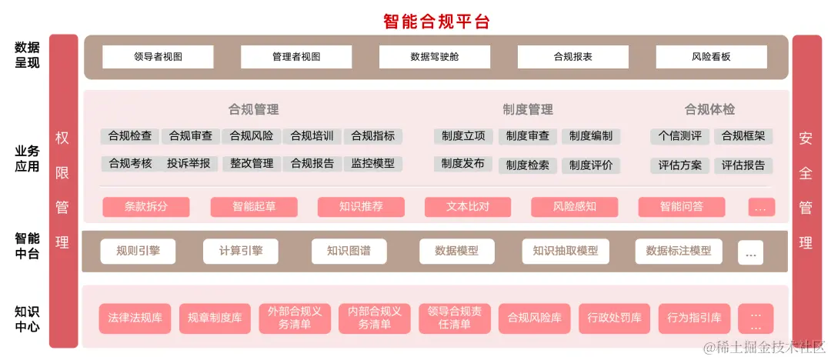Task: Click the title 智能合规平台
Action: coord(436,21)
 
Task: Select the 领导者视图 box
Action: coord(158,57)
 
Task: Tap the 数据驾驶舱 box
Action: coord(435,57)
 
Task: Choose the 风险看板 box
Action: coord(711,57)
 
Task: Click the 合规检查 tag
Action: coord(130,136)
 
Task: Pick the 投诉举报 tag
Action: coord(189,163)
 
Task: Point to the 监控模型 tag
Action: coord(372,163)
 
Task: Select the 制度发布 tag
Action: coord(463,163)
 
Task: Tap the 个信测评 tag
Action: coord(680,136)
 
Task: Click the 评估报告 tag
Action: coord(743,165)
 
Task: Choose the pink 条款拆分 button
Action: coord(146,206)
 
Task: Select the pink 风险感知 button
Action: coord(575,206)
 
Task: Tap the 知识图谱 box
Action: coord(349,251)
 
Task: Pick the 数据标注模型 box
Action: coord(679,251)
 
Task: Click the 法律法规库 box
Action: coord(135,318)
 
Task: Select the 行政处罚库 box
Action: coord(614,318)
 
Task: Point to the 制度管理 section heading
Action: coord(528,109)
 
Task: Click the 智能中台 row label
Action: coord(27,245)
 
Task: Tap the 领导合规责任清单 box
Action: coord(455,318)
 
